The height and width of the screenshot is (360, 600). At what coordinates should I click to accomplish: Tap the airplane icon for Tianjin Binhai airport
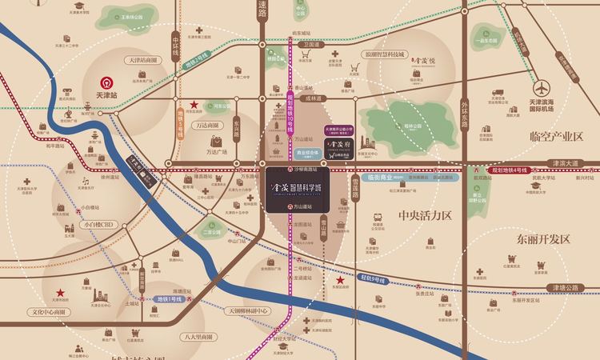click(x=543, y=87)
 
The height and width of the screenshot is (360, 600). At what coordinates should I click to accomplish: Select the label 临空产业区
click(x=552, y=137)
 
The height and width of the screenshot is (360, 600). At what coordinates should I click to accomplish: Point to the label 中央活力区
click(x=425, y=215)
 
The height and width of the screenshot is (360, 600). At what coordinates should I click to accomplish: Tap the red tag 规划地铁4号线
click(x=508, y=169)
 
